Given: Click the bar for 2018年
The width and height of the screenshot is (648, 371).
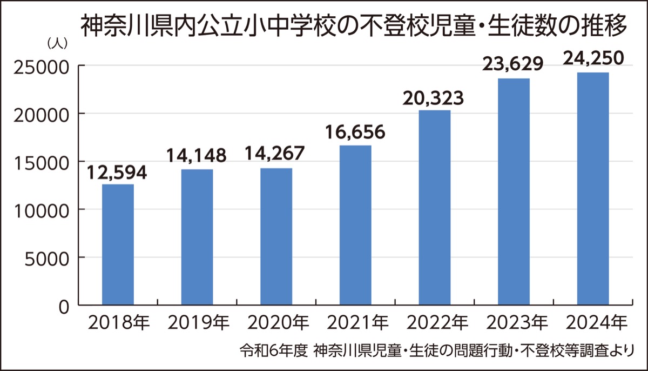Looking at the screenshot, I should pyautogui.click(x=118, y=245).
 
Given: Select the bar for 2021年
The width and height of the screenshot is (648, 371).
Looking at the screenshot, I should pyautogui.click(x=355, y=226).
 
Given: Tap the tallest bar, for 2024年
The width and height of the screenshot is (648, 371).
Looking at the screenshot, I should pyautogui.click(x=592, y=189).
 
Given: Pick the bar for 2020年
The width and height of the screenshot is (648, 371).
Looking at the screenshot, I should pyautogui.click(x=276, y=237).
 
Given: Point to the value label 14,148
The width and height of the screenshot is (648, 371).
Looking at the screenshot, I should pyautogui.click(x=197, y=157).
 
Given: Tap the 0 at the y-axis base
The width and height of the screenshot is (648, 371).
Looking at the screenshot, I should pyautogui.click(x=64, y=306).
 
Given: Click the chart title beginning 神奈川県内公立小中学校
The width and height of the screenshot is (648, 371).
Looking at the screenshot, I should pyautogui.click(x=354, y=25).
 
